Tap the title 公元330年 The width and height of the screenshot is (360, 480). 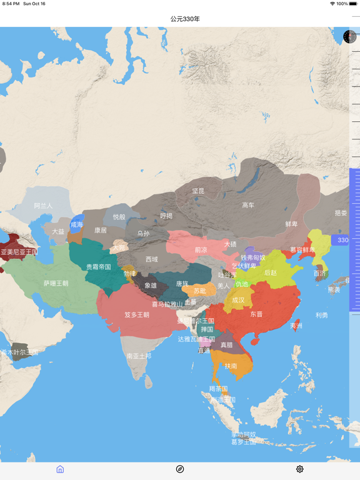pos(185,19)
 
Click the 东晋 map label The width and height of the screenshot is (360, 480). pos(256,314)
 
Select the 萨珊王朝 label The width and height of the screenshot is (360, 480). pos(56,283)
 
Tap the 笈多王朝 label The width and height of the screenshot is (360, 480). pos(137,315)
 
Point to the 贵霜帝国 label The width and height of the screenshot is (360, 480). pos(99,267)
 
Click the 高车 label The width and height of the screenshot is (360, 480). pos(248,205)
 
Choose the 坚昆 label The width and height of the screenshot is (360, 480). pos(198,191)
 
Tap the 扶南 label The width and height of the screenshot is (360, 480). pos(231,366)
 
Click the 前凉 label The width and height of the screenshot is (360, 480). pos(201,249)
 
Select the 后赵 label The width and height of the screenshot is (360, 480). pos(271,272)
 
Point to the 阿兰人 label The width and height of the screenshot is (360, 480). pos(44,206)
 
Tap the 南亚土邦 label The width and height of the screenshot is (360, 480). pos(139,356)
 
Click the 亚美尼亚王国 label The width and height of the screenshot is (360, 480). pos(19,252)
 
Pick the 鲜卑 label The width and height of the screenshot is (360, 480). pos(291,224)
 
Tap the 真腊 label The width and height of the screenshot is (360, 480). pos(226,345)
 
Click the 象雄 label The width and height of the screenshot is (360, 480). pos(151,286)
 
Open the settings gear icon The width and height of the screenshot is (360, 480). pos(300,469)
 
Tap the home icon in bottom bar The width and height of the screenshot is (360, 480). pos(60,469)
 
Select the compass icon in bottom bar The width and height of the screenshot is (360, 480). pos(180,469)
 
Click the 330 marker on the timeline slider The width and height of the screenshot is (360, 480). pos(343,240)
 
